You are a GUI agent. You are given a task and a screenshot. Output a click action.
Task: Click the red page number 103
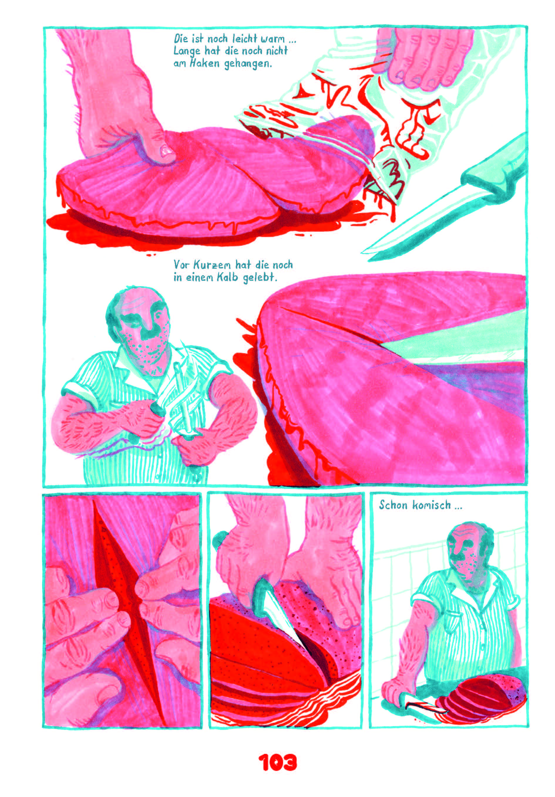pyautogui.click(x=277, y=762)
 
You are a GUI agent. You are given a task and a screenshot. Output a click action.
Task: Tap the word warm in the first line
pyautogui.click(x=272, y=39)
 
